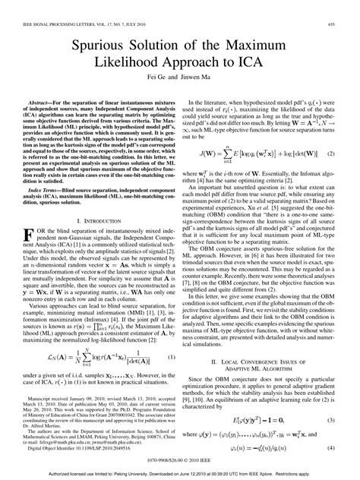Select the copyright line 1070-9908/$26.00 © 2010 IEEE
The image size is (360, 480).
point(180,460)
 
